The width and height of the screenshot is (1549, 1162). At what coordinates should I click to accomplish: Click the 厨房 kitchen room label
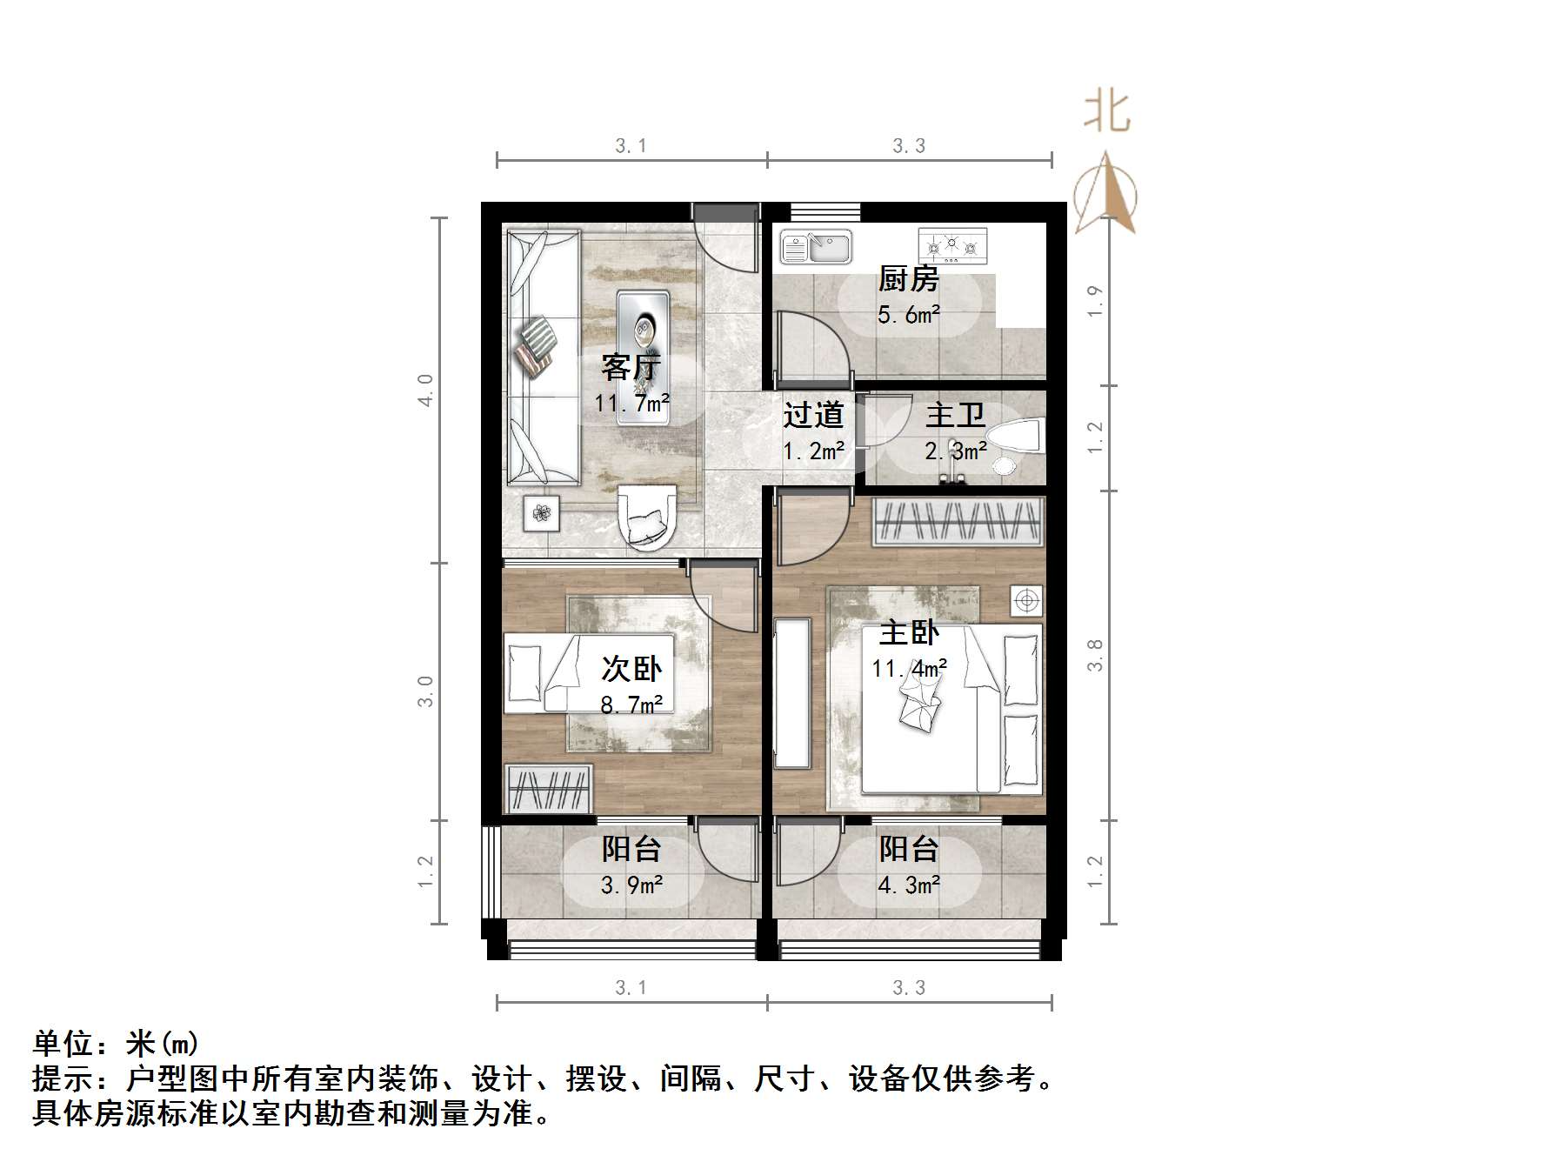pyautogui.click(x=909, y=279)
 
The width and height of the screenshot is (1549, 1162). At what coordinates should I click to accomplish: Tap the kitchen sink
pyautogui.click(x=816, y=246)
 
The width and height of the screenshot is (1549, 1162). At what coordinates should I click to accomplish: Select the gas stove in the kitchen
pyautogui.click(x=953, y=245)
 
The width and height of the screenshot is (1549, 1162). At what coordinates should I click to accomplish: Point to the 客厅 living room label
pyautogui.click(x=631, y=367)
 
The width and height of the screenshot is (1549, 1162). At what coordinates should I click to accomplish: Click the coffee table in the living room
pyautogui.click(x=644, y=357)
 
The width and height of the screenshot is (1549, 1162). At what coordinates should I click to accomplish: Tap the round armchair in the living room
pyautogui.click(x=645, y=518)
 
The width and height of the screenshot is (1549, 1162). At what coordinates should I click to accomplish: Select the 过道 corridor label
pyautogui.click(x=813, y=415)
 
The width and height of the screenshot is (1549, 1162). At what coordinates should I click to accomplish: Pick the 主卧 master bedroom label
pyautogui.click(x=909, y=632)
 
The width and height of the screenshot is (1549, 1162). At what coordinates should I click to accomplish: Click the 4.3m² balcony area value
pyautogui.click(x=909, y=885)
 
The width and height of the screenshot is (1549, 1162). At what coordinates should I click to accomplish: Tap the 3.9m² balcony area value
pyautogui.click(x=631, y=885)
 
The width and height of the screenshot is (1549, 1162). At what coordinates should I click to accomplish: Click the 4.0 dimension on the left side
pyautogui.click(x=425, y=390)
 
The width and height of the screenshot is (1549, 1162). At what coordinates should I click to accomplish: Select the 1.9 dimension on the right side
pyautogui.click(x=1095, y=301)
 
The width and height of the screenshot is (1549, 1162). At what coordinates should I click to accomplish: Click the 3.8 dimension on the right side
pyautogui.click(x=1095, y=655)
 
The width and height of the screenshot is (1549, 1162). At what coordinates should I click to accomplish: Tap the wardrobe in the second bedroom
pyautogui.click(x=549, y=789)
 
